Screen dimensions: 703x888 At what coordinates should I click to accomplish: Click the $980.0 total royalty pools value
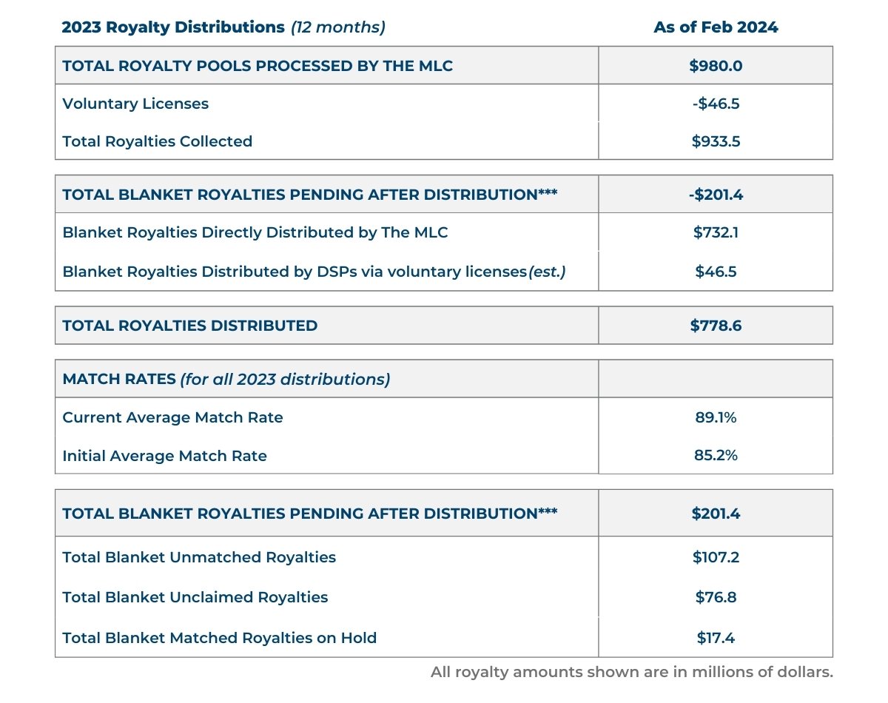(x=715, y=66)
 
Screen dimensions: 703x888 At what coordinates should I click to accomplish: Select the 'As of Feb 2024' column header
(x=715, y=27)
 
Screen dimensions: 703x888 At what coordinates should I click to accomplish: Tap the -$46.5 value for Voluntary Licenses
(x=715, y=104)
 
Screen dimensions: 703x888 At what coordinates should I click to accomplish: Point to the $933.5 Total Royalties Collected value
(x=715, y=141)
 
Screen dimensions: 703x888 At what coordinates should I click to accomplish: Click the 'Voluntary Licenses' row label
(x=135, y=104)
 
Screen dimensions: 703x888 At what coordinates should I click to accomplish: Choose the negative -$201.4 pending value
(x=715, y=195)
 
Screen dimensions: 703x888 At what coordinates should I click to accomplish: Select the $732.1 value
(x=715, y=232)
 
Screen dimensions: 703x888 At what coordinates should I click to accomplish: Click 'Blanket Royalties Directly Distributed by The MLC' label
(x=255, y=232)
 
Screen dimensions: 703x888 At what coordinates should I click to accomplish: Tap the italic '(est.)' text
(x=547, y=272)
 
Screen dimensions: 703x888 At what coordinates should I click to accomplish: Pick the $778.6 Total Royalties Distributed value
(x=715, y=326)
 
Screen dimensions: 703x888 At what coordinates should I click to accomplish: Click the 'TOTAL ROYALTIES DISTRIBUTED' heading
(x=190, y=326)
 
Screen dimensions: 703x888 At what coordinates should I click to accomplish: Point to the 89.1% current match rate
(x=715, y=417)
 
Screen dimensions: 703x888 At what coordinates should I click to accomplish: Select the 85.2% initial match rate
(x=715, y=455)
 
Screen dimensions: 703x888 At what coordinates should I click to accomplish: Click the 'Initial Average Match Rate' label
(x=164, y=455)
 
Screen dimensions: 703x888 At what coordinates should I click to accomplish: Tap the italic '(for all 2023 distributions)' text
(x=285, y=380)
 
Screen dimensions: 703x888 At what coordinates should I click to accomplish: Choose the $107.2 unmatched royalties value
(x=715, y=557)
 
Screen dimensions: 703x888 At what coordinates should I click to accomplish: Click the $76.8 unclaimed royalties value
(x=715, y=597)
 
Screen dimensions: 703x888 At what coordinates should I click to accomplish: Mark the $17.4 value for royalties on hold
(x=715, y=637)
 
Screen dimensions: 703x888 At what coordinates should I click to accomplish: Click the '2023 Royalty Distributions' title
(x=173, y=27)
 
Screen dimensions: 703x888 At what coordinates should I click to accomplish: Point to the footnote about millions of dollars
(x=632, y=673)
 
